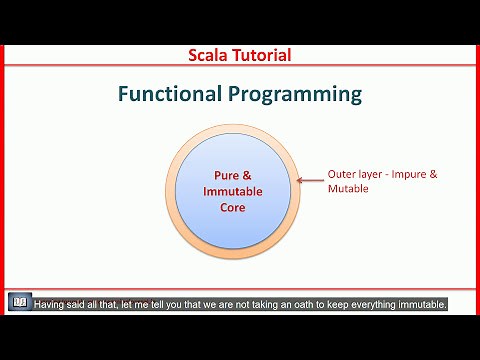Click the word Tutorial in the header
[x=261, y=55]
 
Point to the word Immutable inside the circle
[x=233, y=191]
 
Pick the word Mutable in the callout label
[x=348, y=188]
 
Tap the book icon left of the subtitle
[x=18, y=303]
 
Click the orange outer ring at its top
[x=232, y=130]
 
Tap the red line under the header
[x=240, y=67]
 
